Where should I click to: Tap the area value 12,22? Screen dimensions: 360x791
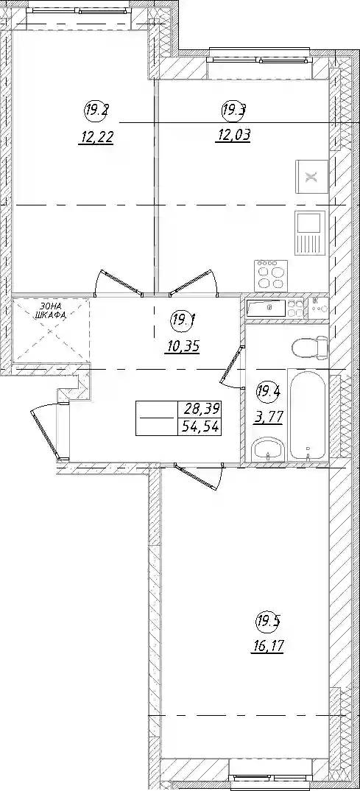coord(95,136)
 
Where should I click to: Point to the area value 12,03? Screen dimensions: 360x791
coord(233,136)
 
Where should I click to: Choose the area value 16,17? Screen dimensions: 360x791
coord(267,646)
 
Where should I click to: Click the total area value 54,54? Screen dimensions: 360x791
coord(200,426)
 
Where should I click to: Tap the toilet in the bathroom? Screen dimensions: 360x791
coord(311,348)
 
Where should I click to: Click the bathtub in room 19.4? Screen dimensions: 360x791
coord(308,415)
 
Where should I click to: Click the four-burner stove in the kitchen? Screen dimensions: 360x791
coord(271,275)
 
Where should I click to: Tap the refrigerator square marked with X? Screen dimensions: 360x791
coord(312,176)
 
